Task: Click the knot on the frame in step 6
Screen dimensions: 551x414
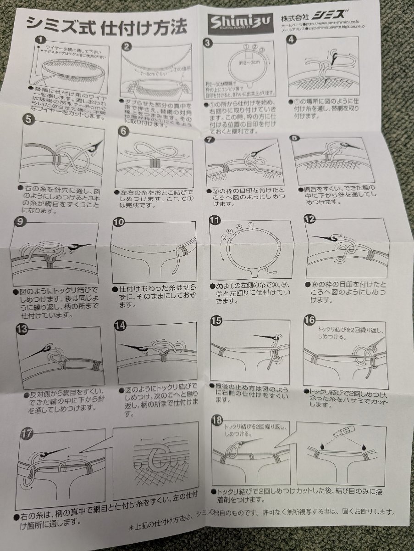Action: pyautogui.click(x=153, y=164)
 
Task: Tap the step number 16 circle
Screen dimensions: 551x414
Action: pyautogui.click(x=309, y=320)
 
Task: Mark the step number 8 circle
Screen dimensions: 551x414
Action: pyautogui.click(x=295, y=137)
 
